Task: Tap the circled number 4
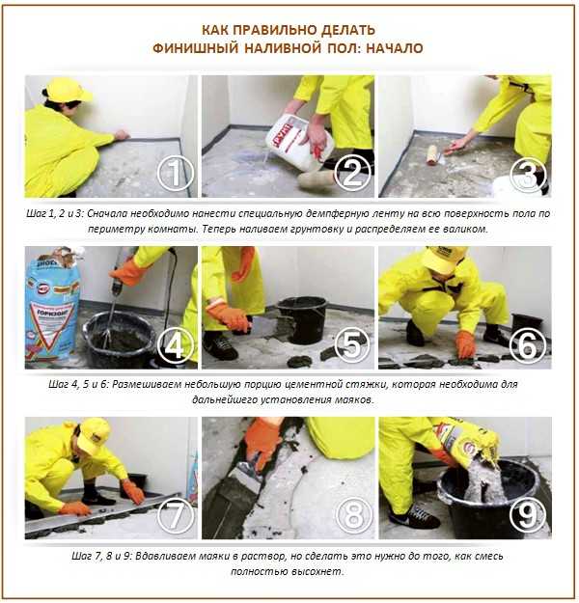pos(176,344)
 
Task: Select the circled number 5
pos(352,344)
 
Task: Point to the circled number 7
pos(176,515)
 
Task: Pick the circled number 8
pos(354,515)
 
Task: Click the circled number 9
pos(528,515)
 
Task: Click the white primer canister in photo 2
pos(300,142)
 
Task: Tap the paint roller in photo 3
pos(436,155)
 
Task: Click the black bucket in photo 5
pos(302,320)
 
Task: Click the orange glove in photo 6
pos(465,344)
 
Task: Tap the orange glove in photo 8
pos(263,442)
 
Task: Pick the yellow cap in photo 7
pos(95,434)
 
